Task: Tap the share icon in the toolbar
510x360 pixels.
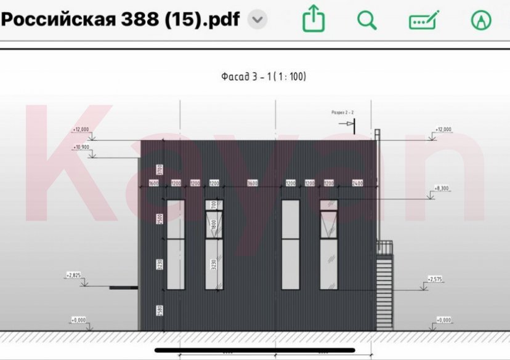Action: [313, 20]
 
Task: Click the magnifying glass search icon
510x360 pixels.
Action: [367, 20]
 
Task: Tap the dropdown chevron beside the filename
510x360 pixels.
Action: [257, 20]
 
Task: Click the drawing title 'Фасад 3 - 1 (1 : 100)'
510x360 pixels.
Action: [264, 77]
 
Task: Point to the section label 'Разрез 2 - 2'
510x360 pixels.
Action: [343, 113]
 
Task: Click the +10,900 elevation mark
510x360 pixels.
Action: [81, 148]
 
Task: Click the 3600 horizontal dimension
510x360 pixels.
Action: [251, 184]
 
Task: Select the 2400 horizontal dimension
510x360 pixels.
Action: [357, 184]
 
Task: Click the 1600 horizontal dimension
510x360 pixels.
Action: [154, 184]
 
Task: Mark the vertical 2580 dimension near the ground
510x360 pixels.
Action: [158, 311]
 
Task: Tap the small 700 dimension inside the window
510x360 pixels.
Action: [212, 204]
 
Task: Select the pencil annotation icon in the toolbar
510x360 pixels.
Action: [424, 20]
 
